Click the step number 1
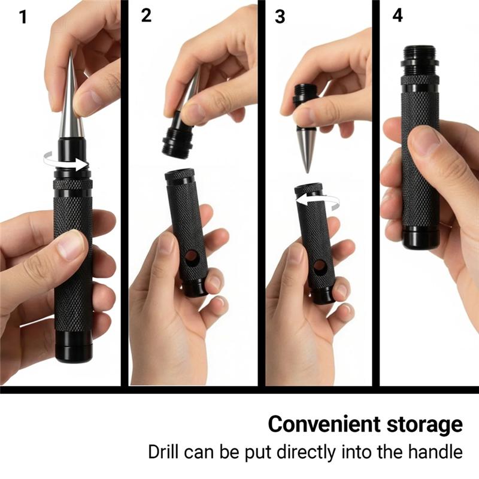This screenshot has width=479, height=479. pyautogui.click(x=23, y=17)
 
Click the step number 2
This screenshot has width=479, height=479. pyautogui.click(x=147, y=16)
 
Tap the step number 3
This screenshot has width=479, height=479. pyautogui.click(x=280, y=17)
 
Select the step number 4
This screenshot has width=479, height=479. pyautogui.click(x=398, y=16)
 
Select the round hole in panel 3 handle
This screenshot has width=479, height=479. pyautogui.click(x=320, y=265)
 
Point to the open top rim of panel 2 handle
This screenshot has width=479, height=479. pyautogui.click(x=180, y=175)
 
